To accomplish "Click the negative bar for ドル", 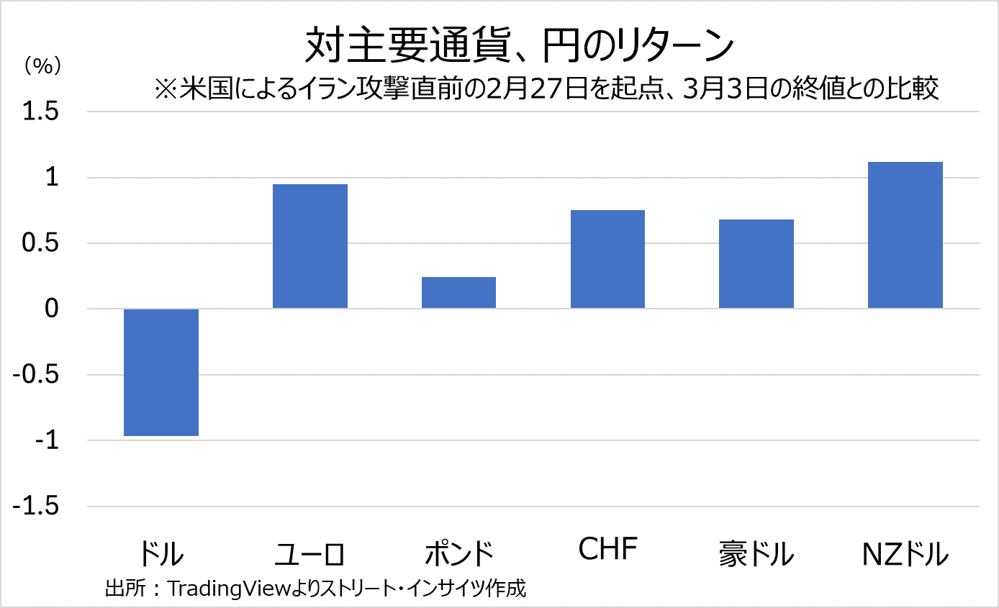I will coord(161,372).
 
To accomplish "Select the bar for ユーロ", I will coord(310,246).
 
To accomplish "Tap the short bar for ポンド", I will coord(458,293).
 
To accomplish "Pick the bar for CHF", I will coord(607,259).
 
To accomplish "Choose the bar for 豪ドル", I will coord(756,264).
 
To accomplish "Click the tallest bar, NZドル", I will coord(905,235).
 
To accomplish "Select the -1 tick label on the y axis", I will coord(48,440).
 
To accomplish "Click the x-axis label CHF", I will coord(608,549).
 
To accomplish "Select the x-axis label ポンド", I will coord(458,554).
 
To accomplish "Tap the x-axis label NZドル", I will coord(905,554).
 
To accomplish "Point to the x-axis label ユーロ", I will coord(310,554).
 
